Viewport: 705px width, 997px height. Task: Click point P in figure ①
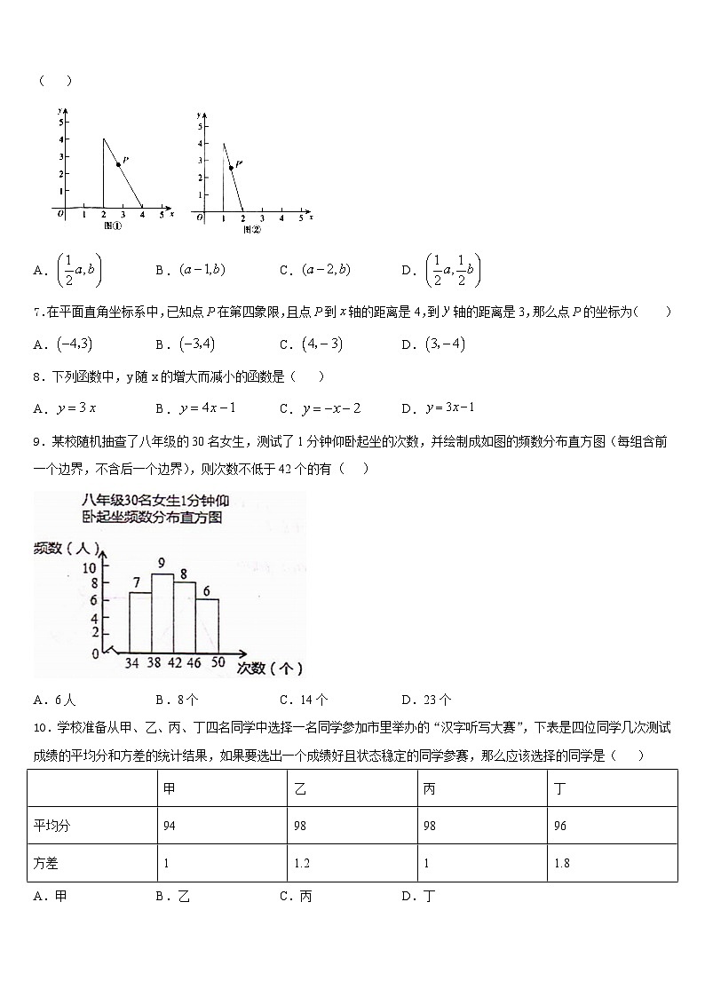(118, 164)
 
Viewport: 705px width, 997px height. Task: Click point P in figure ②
(231, 167)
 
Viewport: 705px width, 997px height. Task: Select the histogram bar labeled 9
(162, 613)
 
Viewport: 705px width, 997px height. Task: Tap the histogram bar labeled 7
(140, 622)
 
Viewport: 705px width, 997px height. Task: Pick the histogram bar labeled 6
(207, 626)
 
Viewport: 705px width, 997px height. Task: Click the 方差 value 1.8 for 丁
(561, 863)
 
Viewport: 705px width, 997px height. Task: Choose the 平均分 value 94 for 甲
(170, 826)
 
